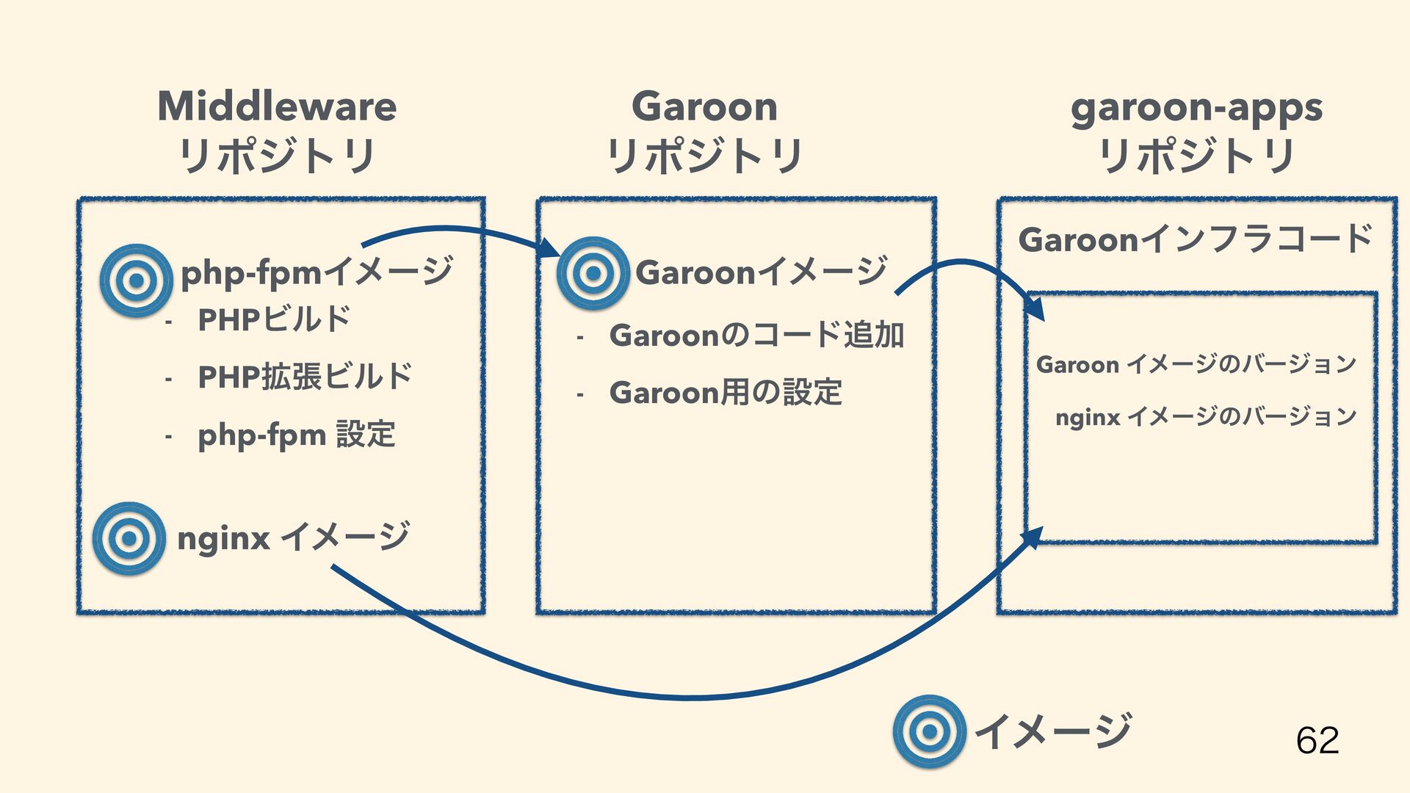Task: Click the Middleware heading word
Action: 277,106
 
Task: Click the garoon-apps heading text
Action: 1196,108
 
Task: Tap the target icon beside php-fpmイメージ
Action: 136,280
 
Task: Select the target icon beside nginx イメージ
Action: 129,538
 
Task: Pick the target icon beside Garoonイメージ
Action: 593,273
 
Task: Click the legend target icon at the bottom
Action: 929,731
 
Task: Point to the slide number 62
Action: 1317,739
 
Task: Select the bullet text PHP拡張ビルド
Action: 305,377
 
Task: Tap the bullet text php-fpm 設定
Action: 297,435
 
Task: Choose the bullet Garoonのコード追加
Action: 756,336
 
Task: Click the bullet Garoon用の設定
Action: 726,393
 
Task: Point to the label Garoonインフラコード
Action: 1195,239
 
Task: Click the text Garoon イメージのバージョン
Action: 1196,364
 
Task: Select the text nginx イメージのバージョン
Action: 1205,417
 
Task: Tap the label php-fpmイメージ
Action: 317,272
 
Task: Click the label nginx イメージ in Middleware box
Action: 293,537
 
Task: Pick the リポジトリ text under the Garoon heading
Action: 704,156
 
